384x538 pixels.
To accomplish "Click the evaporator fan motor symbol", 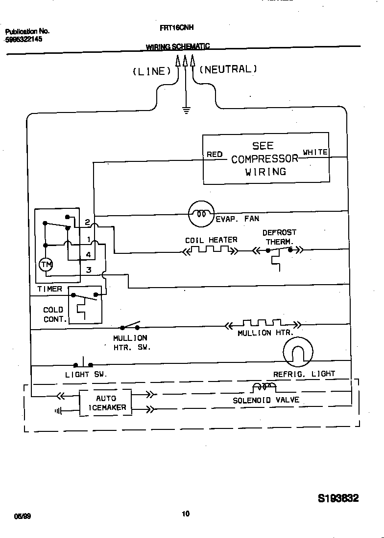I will point(201,213).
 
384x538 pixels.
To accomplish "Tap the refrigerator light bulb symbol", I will point(297,352).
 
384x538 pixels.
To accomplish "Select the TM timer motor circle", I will point(46,264).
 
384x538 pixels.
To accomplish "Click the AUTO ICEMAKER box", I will point(106,403).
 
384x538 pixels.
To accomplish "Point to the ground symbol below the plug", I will point(186,110).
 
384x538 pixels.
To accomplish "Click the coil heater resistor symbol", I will point(210,250).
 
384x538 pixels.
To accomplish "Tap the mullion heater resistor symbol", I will point(262,324).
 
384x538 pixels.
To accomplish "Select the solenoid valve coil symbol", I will point(264,387).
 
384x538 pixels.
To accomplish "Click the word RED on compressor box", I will point(215,155).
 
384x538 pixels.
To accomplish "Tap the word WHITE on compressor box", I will point(315,153).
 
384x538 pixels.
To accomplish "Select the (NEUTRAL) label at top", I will point(228,69).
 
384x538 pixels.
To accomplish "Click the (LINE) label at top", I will point(152,71).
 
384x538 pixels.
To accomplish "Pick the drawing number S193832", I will point(338,498).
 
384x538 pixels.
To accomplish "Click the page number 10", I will point(186,514).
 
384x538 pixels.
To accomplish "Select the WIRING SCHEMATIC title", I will point(177,46).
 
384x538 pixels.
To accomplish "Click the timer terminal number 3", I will point(89,269).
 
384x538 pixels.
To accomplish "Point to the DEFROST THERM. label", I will point(279,237).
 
